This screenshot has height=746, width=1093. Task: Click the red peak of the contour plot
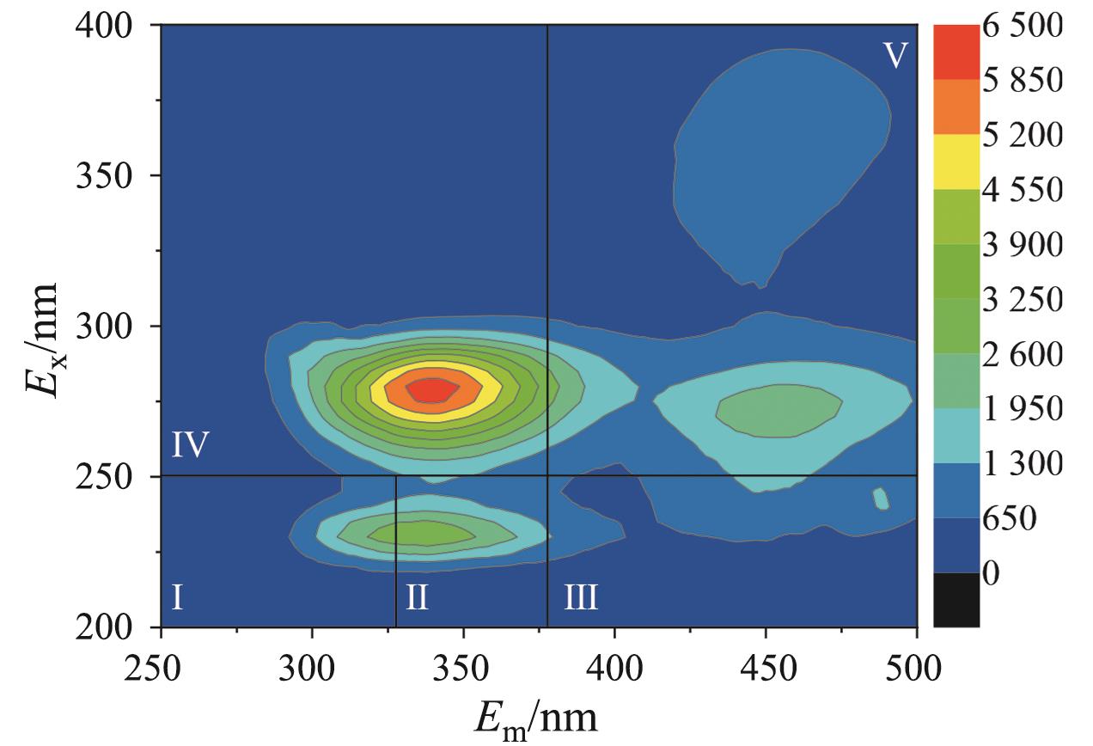pyautogui.click(x=433, y=390)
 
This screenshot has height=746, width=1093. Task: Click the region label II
pyautogui.click(x=417, y=596)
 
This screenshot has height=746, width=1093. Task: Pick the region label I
pyautogui.click(x=176, y=596)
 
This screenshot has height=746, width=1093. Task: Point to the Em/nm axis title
pyautogui.click(x=540, y=718)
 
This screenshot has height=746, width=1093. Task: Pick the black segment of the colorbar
pyautogui.click(x=956, y=599)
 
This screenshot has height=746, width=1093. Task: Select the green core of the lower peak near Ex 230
pyautogui.click(x=422, y=534)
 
